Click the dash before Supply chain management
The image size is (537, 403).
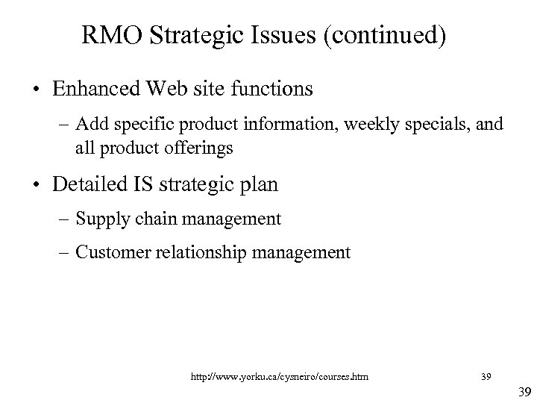click(x=65, y=219)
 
